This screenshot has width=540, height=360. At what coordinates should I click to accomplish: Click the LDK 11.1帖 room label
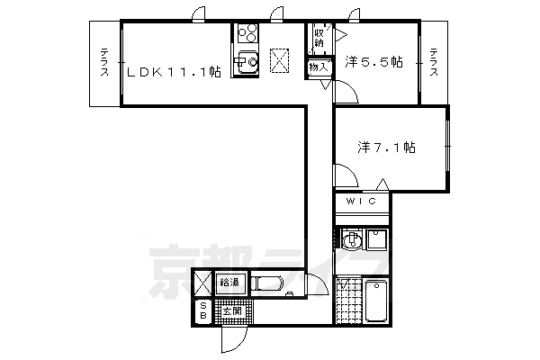(173, 74)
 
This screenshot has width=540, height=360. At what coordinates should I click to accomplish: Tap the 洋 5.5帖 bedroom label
(373, 63)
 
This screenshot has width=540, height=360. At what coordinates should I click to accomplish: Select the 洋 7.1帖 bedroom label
(386, 145)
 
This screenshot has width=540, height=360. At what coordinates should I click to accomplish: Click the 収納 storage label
(319, 38)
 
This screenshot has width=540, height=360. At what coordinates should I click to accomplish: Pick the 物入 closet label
(318, 67)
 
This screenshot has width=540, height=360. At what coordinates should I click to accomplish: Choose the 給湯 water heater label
(229, 283)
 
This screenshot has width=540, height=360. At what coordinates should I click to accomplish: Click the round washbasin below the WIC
(354, 240)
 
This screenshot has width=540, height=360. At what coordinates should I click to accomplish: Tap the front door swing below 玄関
(232, 340)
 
